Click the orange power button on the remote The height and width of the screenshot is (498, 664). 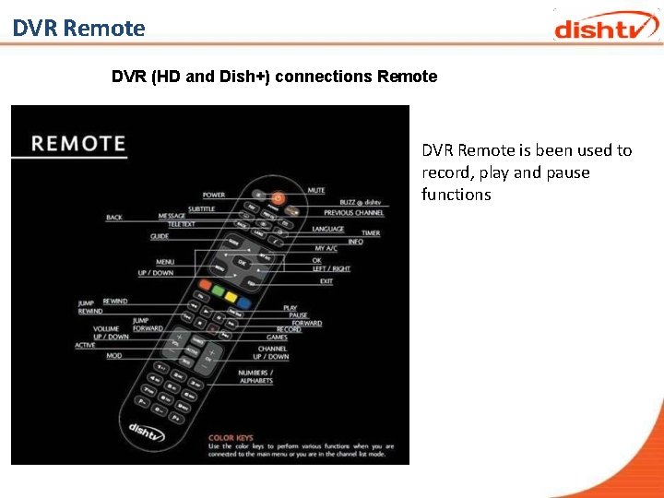(278, 197)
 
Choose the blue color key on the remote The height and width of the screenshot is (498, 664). (244, 301)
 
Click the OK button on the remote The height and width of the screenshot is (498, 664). (243, 263)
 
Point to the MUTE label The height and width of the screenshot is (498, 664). (316, 190)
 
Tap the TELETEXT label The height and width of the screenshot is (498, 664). (181, 224)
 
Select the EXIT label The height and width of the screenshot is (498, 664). (326, 281)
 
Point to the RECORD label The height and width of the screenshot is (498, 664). (289, 329)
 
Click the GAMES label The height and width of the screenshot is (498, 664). (277, 338)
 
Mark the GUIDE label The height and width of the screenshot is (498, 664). (160, 237)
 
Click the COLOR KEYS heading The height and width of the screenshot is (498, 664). (231, 438)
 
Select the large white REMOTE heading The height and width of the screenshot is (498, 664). (78, 144)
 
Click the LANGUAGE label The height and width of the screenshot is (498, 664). (327, 229)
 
